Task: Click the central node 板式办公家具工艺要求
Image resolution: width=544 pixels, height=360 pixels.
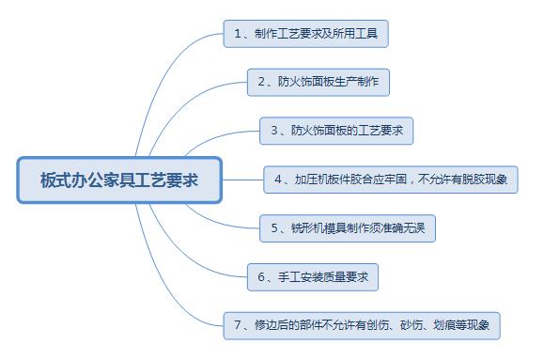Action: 119,180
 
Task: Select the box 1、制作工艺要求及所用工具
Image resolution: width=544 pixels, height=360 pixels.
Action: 305,34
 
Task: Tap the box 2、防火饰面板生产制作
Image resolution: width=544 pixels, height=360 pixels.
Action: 318,82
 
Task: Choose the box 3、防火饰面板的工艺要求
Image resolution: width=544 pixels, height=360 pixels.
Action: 336,130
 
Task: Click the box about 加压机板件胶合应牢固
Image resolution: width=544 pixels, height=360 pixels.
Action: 391,178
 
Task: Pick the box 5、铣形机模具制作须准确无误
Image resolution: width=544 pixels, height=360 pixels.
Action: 348,227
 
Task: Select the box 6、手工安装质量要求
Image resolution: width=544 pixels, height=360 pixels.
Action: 311,276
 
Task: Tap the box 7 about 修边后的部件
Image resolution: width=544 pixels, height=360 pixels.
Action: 361,325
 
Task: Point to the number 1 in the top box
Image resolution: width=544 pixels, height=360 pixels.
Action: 237,34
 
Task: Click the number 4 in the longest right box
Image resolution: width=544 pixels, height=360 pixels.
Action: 278,178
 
